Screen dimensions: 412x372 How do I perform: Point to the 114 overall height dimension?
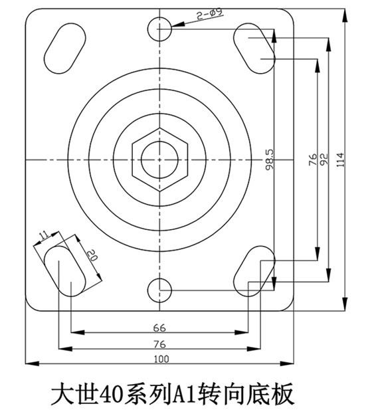[x=341, y=159]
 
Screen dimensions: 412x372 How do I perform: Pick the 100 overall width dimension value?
[x=160, y=358]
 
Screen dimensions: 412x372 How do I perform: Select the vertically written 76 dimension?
[x=312, y=159]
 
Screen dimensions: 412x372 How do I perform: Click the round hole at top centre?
[x=159, y=29]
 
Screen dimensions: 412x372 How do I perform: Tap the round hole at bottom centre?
[x=159, y=290]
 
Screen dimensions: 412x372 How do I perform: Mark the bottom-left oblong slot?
[x=64, y=270]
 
